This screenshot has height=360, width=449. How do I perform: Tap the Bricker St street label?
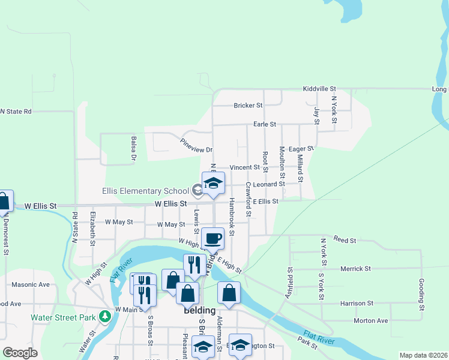tap(248, 106)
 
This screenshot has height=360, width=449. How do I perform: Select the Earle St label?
tap(264, 124)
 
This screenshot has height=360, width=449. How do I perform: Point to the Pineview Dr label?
tap(197, 146)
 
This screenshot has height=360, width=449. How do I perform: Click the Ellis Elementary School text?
tap(145, 191)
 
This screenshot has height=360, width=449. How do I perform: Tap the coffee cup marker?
tap(212, 238)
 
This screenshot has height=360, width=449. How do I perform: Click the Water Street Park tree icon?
tap(106, 315)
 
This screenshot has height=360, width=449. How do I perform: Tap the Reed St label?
tap(345, 240)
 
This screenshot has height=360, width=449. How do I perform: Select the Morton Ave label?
tap(370, 320)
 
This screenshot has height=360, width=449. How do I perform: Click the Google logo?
tap(20, 353)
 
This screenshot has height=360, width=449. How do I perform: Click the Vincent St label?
tap(246, 168)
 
